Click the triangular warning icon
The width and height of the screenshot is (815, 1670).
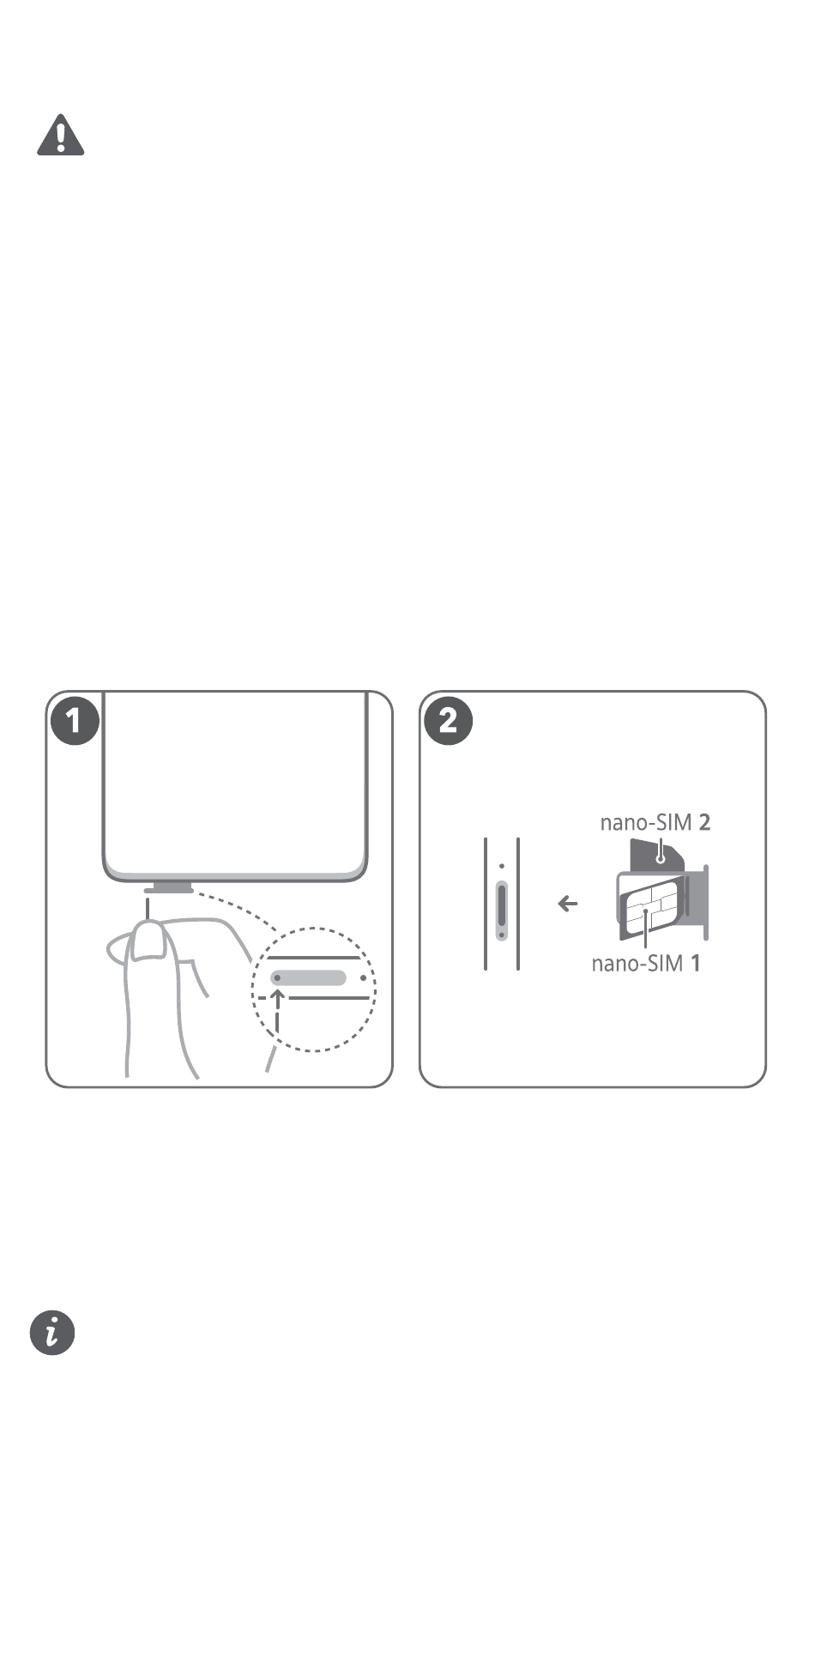(x=60, y=136)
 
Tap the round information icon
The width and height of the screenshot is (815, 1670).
(x=52, y=1333)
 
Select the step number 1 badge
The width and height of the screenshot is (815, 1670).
(x=74, y=721)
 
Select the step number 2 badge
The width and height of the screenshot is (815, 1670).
(x=448, y=721)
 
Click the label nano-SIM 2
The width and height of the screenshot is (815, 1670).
(x=655, y=822)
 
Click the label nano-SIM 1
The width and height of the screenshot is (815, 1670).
(x=646, y=963)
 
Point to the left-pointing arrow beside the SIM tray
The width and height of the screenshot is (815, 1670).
(x=568, y=904)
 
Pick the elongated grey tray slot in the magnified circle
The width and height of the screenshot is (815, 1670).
(x=309, y=977)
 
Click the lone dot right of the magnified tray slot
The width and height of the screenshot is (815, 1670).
(x=364, y=977)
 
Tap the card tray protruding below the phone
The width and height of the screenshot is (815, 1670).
(x=168, y=887)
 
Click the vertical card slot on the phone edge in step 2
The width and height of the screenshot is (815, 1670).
(x=502, y=910)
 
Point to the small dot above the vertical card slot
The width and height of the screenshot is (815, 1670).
(x=502, y=867)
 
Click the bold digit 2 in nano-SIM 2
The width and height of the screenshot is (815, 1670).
(x=705, y=822)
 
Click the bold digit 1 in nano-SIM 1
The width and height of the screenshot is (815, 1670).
(x=696, y=963)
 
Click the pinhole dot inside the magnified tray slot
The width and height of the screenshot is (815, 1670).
(x=277, y=977)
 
